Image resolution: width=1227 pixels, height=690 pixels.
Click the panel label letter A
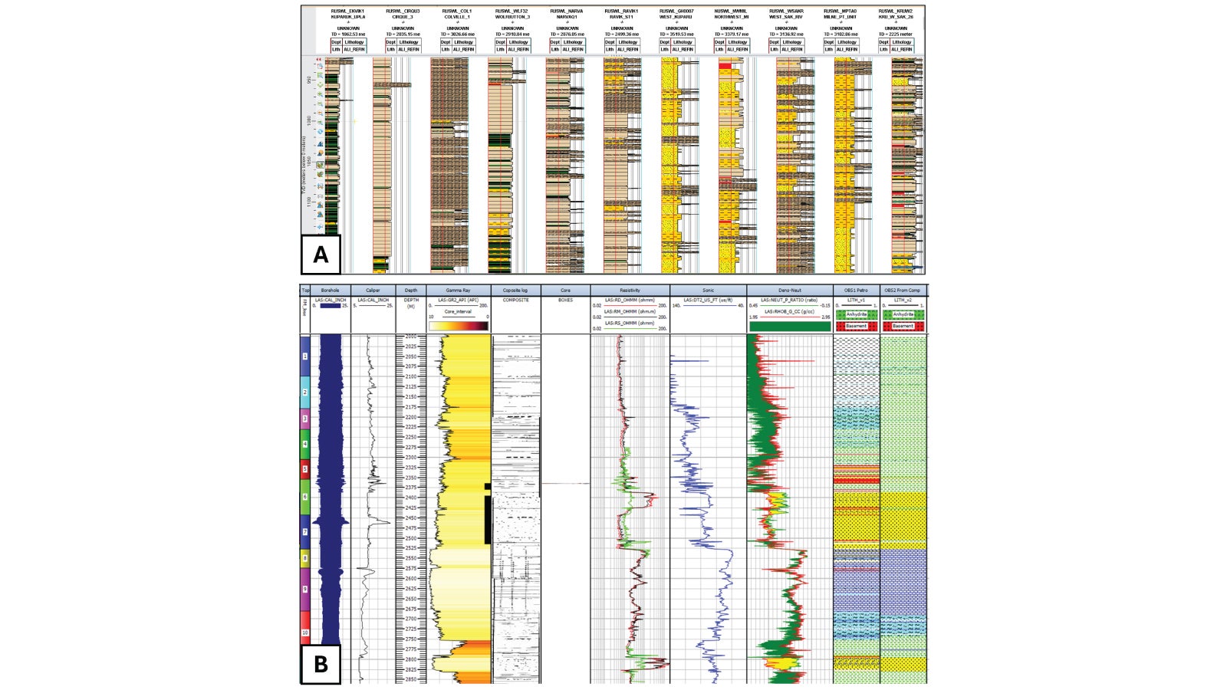[321, 255]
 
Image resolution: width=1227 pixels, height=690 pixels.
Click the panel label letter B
[321, 663]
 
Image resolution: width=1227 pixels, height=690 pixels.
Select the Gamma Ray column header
[457, 291]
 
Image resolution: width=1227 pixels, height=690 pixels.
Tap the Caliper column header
[373, 291]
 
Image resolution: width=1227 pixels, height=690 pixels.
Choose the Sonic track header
[708, 291]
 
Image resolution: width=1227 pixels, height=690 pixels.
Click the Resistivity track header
[630, 291]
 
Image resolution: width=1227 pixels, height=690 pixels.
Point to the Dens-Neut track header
[790, 291]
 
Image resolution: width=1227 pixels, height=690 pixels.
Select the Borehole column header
[330, 291]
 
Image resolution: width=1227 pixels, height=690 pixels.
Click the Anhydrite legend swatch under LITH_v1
[857, 314]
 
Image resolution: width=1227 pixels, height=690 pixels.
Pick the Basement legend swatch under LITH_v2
[903, 326]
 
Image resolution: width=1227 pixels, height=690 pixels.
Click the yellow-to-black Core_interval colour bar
[459, 326]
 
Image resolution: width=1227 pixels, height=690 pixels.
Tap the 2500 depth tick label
[411, 538]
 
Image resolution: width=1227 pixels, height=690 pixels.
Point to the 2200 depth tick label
[411, 417]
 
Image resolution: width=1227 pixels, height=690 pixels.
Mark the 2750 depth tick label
[411, 639]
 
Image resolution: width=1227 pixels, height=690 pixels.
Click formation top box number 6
[305, 497]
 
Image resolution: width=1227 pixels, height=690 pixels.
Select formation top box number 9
[305, 589]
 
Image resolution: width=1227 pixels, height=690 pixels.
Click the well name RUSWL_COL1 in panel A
[457, 11]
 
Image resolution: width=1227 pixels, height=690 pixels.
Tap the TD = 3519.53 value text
[676, 34]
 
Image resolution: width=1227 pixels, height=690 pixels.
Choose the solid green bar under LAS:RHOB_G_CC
[790, 326]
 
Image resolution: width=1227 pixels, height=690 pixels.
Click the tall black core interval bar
[487, 519]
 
